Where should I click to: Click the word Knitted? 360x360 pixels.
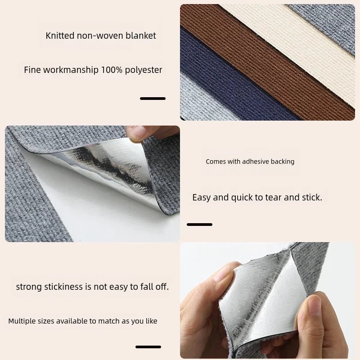point(60,36)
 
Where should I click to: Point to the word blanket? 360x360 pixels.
point(141,36)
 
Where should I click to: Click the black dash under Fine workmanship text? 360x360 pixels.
point(153,98)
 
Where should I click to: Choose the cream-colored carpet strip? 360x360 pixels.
point(297,45)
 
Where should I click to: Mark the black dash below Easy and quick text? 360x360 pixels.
point(199,224)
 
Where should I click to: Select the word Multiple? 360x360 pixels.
point(22,321)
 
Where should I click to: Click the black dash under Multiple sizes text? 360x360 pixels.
point(148,346)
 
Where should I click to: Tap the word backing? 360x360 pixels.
point(282,162)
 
